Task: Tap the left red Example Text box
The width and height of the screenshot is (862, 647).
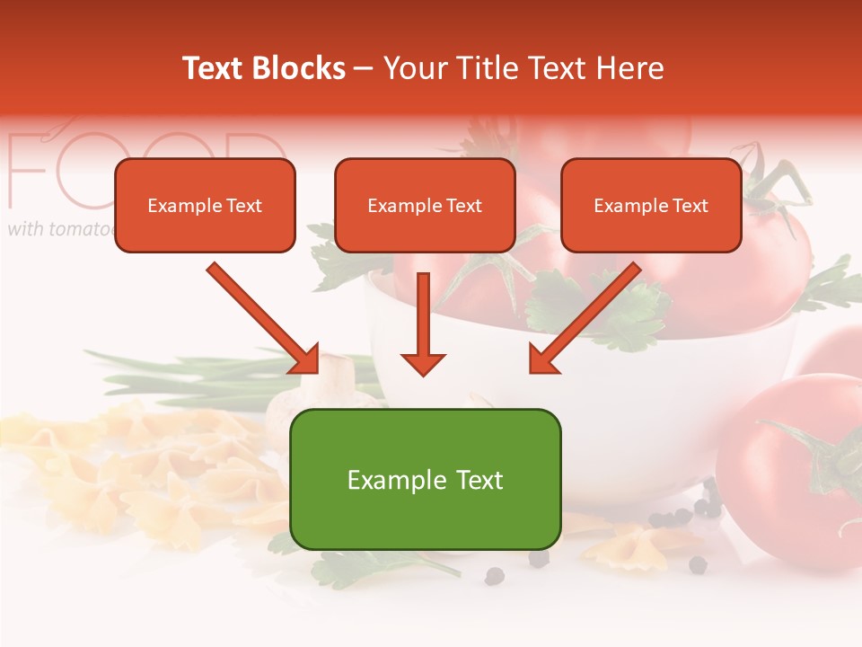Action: [x=205, y=206]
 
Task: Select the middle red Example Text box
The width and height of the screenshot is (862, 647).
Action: [x=425, y=206]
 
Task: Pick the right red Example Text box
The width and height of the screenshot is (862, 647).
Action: [x=651, y=206]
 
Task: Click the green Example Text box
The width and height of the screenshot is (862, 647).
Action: [x=425, y=479]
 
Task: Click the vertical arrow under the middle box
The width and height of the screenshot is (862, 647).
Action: [x=423, y=323]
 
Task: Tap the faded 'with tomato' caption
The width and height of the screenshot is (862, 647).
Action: [x=59, y=229]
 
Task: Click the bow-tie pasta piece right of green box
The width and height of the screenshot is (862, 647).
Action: [x=638, y=545]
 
